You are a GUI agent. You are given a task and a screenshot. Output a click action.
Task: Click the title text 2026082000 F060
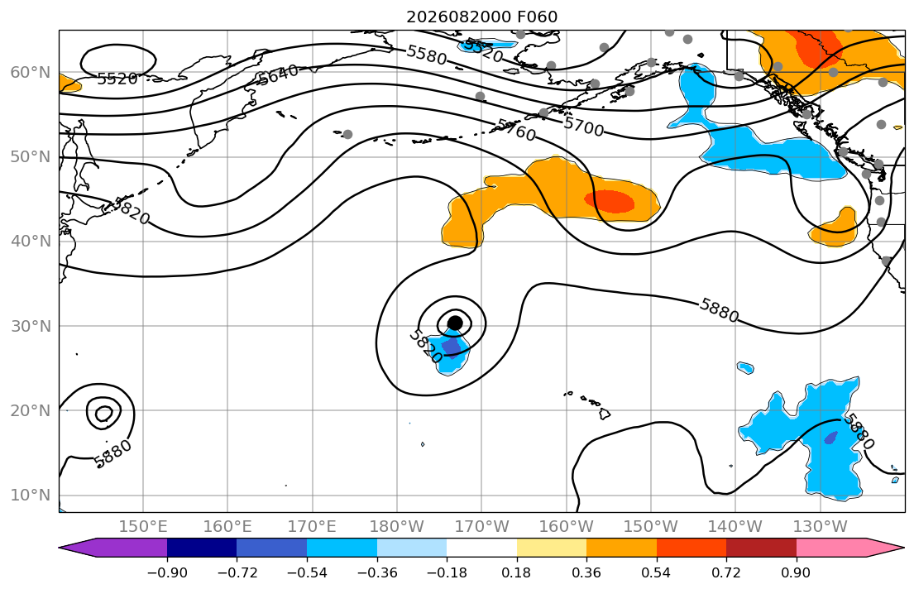481,17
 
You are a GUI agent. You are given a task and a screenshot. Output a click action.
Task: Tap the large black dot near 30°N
455,323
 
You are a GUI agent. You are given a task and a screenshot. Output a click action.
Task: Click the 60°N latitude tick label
31,73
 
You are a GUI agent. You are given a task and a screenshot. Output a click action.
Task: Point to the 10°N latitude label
31,496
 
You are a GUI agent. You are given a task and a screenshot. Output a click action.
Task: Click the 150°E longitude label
143,527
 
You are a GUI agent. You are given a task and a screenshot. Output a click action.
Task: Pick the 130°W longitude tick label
821,527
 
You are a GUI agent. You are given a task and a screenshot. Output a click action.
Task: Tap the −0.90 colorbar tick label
167,572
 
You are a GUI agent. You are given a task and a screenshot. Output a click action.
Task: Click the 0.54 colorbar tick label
657,572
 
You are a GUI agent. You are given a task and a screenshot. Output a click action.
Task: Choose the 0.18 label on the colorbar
516,572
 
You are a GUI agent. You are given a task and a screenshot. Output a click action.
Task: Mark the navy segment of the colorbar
202,548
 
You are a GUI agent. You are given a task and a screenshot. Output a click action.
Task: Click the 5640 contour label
279,74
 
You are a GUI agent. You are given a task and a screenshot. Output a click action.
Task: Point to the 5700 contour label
583,126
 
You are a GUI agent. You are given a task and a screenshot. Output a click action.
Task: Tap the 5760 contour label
516,130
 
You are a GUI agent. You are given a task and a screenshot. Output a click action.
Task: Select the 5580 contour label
427,55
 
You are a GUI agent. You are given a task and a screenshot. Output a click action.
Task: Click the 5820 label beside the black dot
425,346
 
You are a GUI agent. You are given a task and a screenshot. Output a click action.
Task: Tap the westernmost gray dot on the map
347,134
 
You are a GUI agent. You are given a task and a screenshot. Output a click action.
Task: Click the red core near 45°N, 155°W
610,201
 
